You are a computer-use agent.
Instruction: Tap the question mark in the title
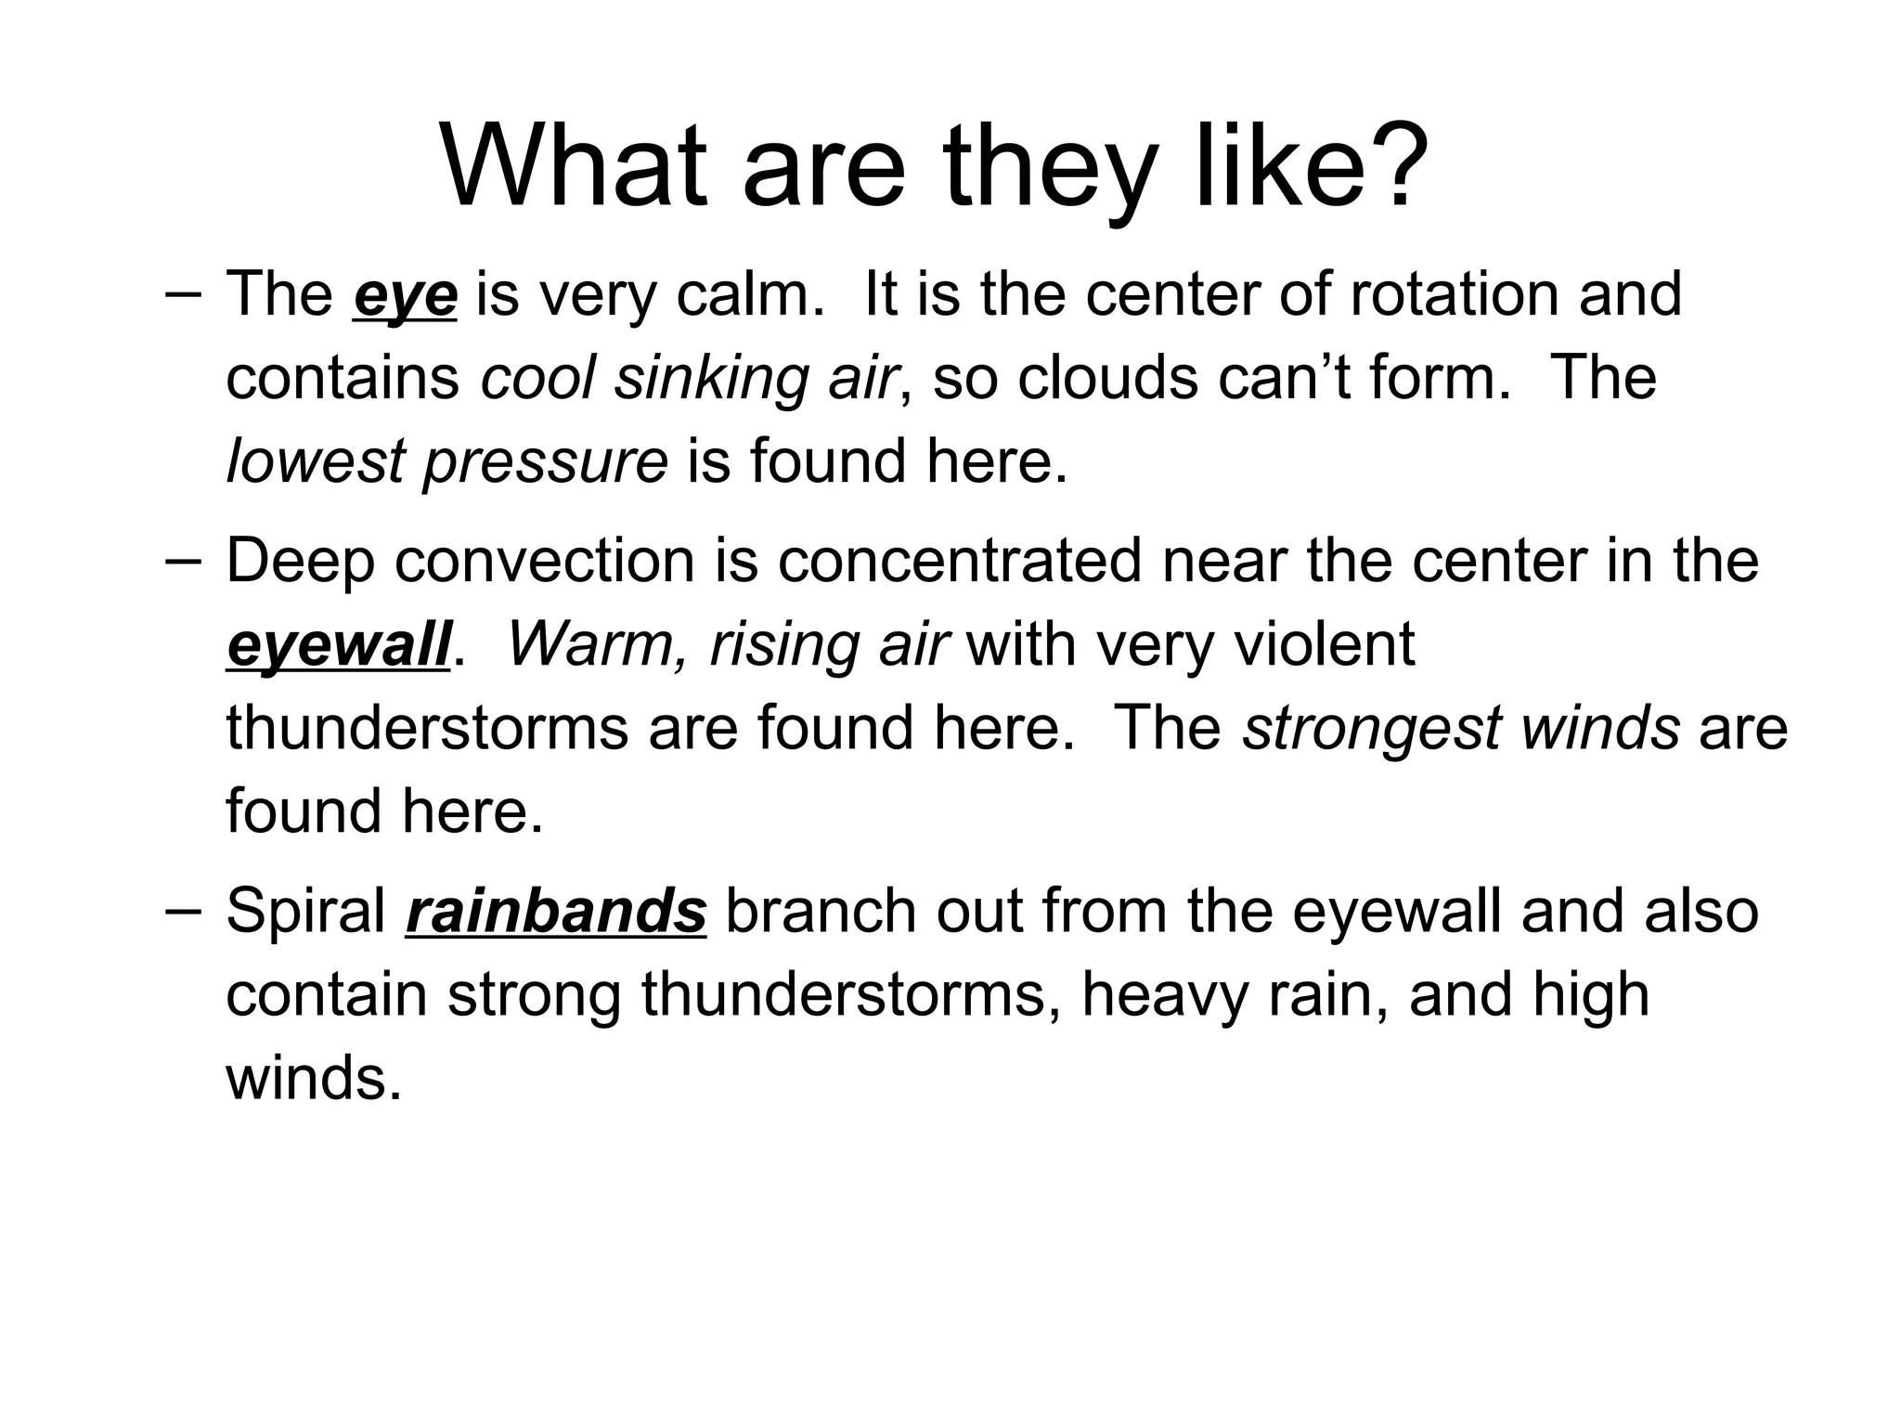pos(1390,168)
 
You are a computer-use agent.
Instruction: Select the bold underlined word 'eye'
pos(405,295)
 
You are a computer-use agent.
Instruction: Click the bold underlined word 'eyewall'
pos(339,645)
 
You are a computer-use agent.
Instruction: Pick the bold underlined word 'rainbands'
pos(556,911)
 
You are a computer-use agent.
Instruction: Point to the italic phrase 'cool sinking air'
pos(688,378)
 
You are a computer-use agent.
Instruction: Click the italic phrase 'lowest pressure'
pos(446,461)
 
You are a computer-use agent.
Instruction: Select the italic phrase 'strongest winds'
pos(1461,728)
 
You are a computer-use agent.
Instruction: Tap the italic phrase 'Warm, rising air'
pos(728,644)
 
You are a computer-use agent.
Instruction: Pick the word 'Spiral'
pos(305,911)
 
